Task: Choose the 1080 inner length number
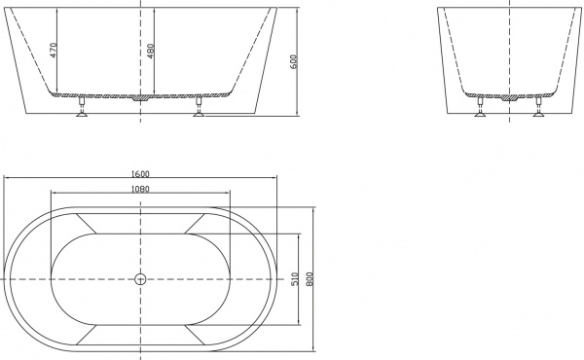tap(140, 189)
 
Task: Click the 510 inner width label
tap(295, 280)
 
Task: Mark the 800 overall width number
tap(310, 280)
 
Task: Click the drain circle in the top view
tap(140, 279)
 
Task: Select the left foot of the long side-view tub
tap(81, 108)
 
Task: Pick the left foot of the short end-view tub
tap(478, 108)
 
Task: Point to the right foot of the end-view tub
tap(536, 108)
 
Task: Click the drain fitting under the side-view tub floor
tap(141, 97)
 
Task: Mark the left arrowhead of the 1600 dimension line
tap(6, 179)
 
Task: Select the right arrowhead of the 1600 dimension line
tap(275, 179)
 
